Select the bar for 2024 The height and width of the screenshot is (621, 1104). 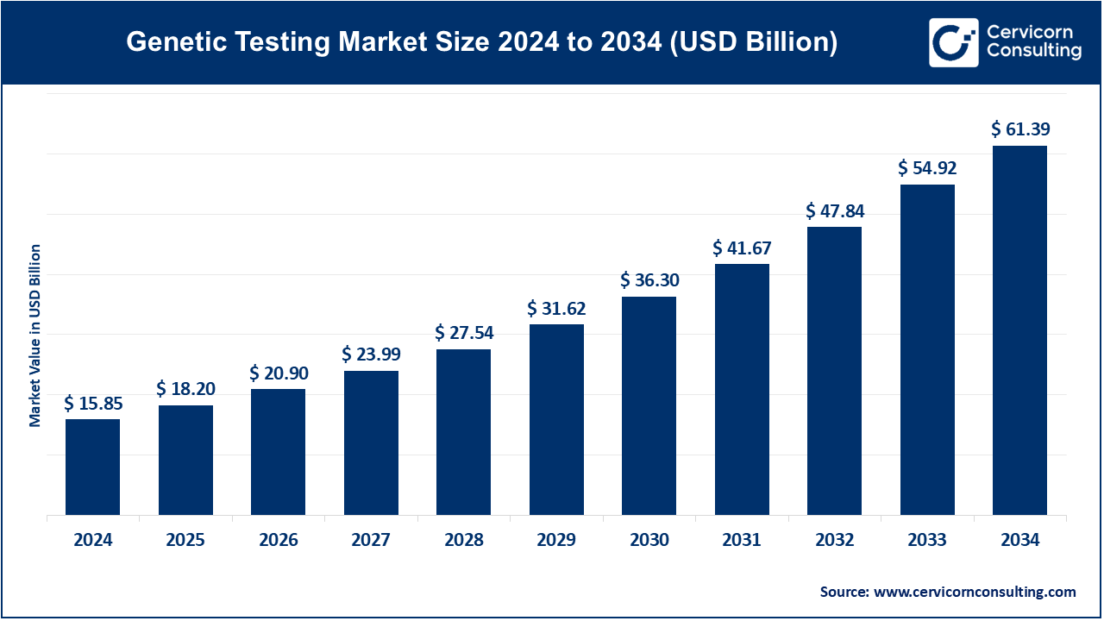tap(92, 467)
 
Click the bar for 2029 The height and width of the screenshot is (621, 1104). tap(556, 419)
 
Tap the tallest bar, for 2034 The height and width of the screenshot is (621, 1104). tap(1019, 330)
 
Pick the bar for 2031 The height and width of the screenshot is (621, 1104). tap(742, 389)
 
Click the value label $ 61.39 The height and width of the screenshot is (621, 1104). tap(1020, 129)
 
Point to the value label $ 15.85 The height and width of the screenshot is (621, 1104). tap(93, 403)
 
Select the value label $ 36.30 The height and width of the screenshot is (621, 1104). tap(649, 280)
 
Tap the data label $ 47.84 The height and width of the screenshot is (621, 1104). tap(835, 210)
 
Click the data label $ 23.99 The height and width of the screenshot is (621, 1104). tap(371, 354)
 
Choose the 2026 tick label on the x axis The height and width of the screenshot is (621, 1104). tap(278, 541)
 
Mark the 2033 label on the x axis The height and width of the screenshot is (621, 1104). tap(927, 541)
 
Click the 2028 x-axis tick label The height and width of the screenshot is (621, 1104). tap(464, 541)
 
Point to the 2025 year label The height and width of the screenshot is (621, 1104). tap(185, 541)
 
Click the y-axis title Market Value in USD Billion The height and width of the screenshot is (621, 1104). tap(35, 336)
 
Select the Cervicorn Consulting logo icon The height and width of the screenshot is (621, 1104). tap(954, 42)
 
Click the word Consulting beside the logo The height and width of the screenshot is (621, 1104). tap(1033, 52)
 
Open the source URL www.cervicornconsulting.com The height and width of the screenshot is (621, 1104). tap(975, 592)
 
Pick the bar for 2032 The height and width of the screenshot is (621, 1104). tap(834, 371)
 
